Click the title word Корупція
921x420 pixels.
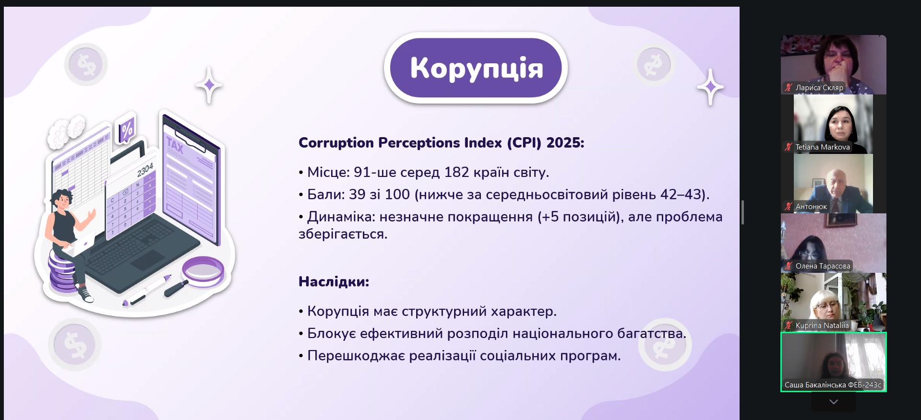coord(477,68)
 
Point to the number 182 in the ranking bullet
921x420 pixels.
coord(456,172)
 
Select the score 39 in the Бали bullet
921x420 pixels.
coord(357,194)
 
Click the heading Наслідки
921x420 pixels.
coord(334,281)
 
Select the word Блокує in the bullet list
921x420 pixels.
coord(332,333)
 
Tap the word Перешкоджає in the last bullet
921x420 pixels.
coord(356,356)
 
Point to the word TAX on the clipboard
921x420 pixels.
coord(175,145)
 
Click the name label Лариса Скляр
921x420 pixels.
coord(819,88)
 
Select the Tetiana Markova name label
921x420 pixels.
coord(823,147)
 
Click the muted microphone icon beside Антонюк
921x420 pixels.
coord(788,207)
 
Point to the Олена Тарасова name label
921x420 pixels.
coord(823,266)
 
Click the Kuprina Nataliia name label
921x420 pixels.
coord(822,326)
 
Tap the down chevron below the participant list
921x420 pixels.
coord(834,402)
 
